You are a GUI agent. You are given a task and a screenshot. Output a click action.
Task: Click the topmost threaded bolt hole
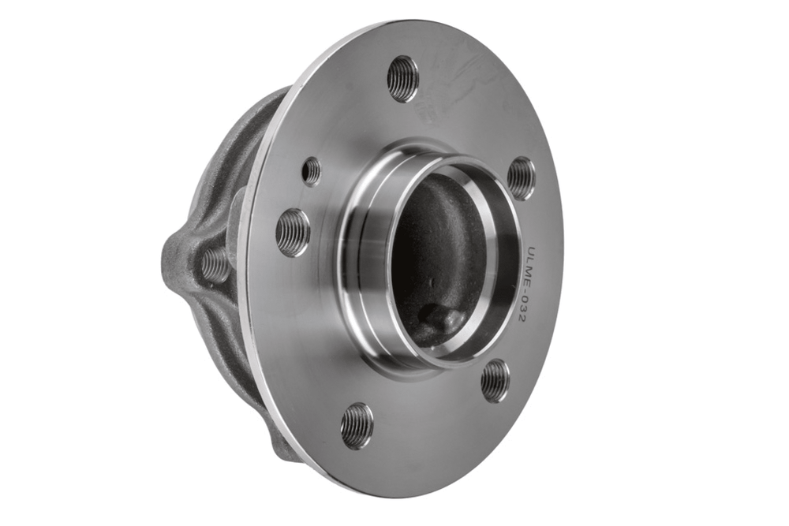pyautogui.click(x=402, y=79)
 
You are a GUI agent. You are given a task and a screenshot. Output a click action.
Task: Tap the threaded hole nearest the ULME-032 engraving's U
pyautogui.click(x=520, y=178)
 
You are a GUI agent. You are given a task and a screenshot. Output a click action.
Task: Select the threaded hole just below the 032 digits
pyautogui.click(x=495, y=381)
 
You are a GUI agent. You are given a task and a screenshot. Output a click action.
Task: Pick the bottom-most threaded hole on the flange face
pyautogui.click(x=357, y=425)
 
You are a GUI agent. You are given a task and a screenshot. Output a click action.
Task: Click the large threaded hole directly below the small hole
pyautogui.click(x=293, y=233)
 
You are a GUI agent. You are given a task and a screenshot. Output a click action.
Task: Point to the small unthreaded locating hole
pyautogui.click(x=312, y=170)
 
